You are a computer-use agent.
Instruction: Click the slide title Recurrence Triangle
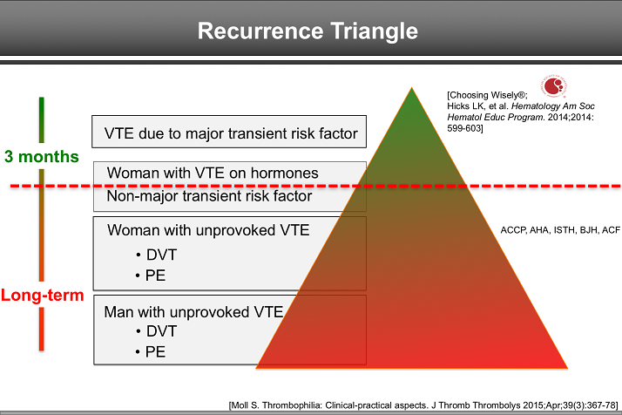308,31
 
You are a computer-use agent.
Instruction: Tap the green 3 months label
41,157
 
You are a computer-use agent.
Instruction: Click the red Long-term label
42,295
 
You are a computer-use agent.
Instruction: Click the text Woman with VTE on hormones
213,173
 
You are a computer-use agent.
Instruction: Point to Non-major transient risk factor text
209,196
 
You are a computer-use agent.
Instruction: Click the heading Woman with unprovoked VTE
206,230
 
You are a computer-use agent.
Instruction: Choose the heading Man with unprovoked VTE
193,310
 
